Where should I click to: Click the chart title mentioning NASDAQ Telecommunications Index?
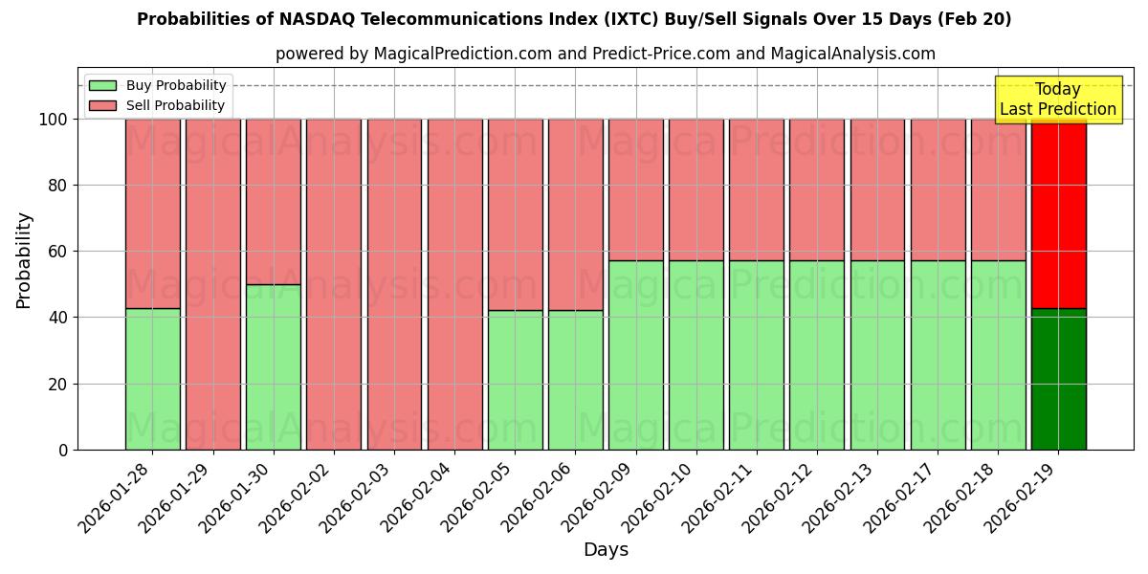tap(574, 19)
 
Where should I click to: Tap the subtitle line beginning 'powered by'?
tap(605, 54)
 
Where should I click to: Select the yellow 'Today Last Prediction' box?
tap(1057, 99)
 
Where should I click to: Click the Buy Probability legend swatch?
tap(102, 85)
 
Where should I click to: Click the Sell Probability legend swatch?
tap(102, 105)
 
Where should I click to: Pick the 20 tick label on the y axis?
tap(57, 384)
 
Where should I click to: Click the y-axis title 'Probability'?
tap(24, 260)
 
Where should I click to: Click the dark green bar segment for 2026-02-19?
tap(1058, 379)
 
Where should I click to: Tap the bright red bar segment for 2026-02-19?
tap(1058, 213)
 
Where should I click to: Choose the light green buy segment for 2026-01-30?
tap(273, 366)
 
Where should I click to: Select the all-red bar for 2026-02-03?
tap(394, 284)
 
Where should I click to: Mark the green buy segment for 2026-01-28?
tap(152, 379)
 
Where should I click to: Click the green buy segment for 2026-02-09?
tap(635, 355)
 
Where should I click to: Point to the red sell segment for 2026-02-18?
tap(998, 189)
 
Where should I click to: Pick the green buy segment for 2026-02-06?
tap(575, 380)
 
